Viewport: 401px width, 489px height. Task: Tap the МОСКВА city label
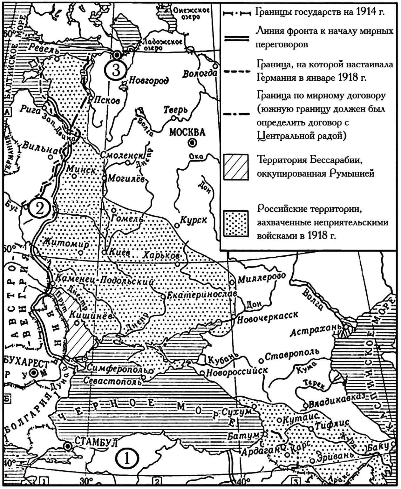click(187, 132)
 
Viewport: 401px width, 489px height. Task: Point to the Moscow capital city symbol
click(192, 143)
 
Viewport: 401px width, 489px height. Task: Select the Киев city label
click(120, 253)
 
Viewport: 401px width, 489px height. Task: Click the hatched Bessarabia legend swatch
click(235, 167)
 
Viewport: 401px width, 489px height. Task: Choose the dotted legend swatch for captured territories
click(235, 223)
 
